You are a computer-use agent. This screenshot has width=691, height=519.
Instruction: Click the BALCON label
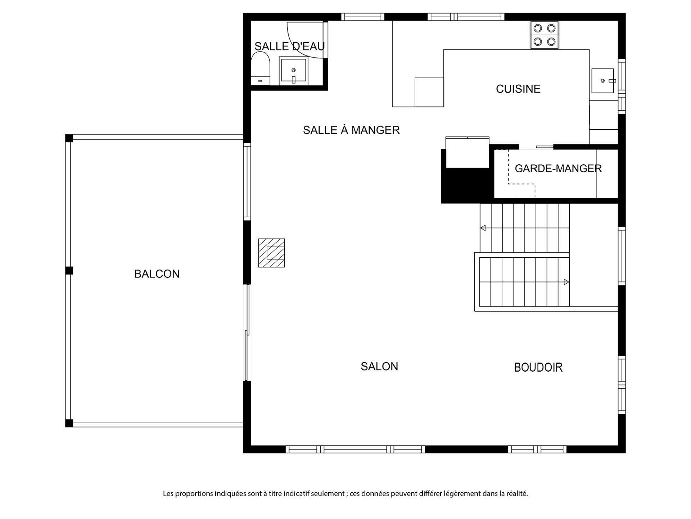click(157, 274)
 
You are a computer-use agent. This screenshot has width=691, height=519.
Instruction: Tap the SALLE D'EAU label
click(289, 46)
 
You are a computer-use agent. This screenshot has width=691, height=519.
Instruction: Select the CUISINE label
click(518, 89)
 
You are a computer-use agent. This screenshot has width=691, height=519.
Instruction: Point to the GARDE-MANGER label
click(558, 168)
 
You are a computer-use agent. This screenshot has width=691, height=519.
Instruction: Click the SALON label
click(379, 367)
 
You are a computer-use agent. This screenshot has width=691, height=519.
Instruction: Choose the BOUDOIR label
click(538, 367)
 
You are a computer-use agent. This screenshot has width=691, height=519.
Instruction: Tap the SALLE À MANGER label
click(351, 130)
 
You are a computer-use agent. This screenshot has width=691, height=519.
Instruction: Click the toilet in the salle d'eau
click(260, 68)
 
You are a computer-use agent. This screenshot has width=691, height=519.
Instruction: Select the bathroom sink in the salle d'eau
click(294, 71)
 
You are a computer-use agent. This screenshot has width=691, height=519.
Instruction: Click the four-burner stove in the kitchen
click(544, 35)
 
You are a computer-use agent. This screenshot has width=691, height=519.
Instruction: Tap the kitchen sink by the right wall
click(603, 81)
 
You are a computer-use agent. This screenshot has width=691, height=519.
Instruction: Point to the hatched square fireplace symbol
click(271, 253)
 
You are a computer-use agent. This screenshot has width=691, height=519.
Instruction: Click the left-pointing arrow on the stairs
click(483, 228)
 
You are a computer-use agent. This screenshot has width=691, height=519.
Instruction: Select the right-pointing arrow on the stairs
click(566, 282)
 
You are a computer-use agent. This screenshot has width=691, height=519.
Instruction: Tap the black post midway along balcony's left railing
click(69, 270)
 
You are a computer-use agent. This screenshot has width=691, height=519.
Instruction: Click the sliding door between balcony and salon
click(247, 332)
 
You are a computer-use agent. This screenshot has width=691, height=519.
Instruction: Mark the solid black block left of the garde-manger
click(466, 186)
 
